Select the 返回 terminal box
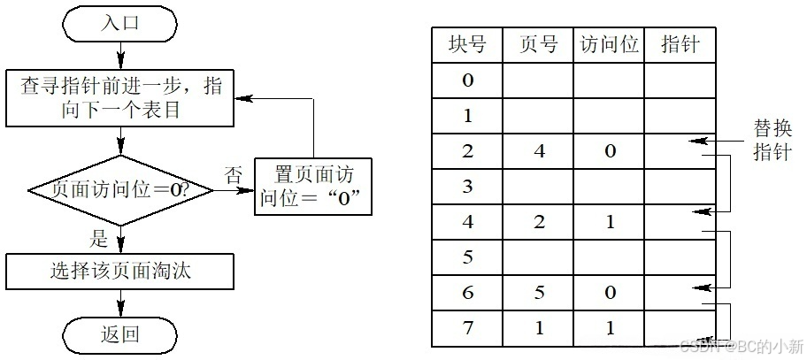120,333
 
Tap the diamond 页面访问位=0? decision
120,189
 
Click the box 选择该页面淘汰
120,271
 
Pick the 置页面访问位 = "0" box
313,187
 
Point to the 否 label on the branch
233,174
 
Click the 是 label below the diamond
100,238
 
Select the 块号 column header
466,44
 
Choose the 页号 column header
537,44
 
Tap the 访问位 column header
608,44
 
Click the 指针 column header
679,44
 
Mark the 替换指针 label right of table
772,139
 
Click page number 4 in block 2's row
539,150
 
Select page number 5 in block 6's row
539,293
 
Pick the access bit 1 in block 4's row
610,222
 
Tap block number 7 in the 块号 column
467,328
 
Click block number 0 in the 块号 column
467,80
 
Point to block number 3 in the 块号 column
467,187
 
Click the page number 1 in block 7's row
539,328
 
